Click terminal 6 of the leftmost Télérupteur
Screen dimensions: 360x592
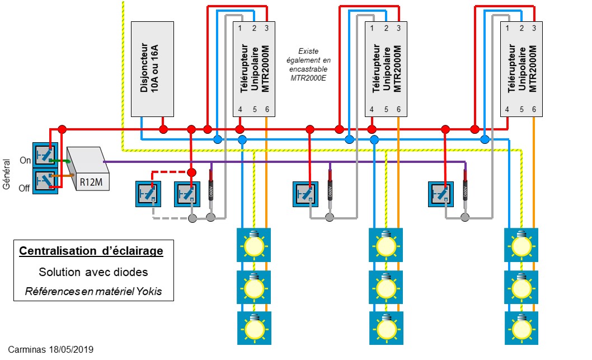[267, 109]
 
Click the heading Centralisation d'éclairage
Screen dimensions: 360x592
[91, 251]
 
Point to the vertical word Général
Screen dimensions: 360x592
[7, 173]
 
